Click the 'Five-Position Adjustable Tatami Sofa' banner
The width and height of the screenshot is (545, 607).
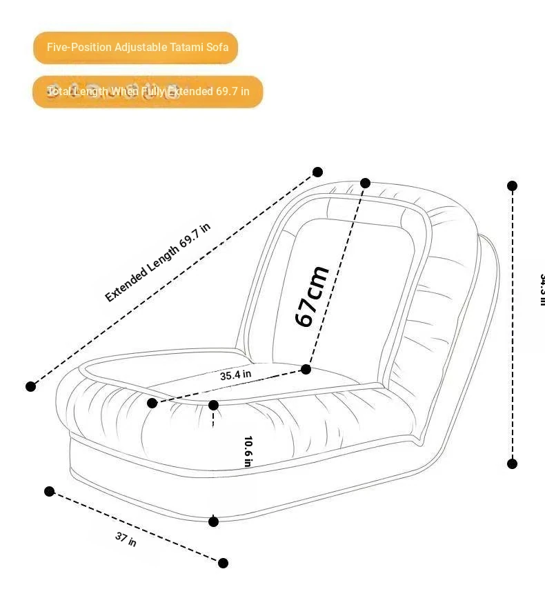coord(136,48)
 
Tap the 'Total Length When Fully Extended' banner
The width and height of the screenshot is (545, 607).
coord(148,91)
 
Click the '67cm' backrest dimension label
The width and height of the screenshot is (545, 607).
coord(311,296)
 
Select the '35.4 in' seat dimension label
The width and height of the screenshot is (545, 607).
coord(235,375)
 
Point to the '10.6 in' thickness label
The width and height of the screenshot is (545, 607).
coord(248,450)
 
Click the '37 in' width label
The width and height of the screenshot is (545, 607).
coord(126,539)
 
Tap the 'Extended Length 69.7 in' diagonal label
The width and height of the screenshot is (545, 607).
coord(157,262)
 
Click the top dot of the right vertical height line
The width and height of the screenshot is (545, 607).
coord(512,186)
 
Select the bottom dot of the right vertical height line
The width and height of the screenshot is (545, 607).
coord(512,464)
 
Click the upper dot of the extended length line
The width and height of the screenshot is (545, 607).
coord(317,172)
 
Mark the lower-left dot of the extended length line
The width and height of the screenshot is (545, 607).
coord(30,386)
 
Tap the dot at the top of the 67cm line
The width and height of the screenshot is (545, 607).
coord(366,183)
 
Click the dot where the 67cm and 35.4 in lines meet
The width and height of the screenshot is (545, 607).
coord(306,370)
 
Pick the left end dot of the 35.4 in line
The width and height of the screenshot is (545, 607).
coord(152,403)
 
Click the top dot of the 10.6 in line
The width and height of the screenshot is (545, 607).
coord(213,405)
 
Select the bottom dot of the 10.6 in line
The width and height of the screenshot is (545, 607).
coord(213,521)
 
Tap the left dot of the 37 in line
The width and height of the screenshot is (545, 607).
coord(49,491)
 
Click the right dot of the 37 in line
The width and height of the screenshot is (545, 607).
coord(223,563)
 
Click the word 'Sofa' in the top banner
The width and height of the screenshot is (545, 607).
coord(217,48)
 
